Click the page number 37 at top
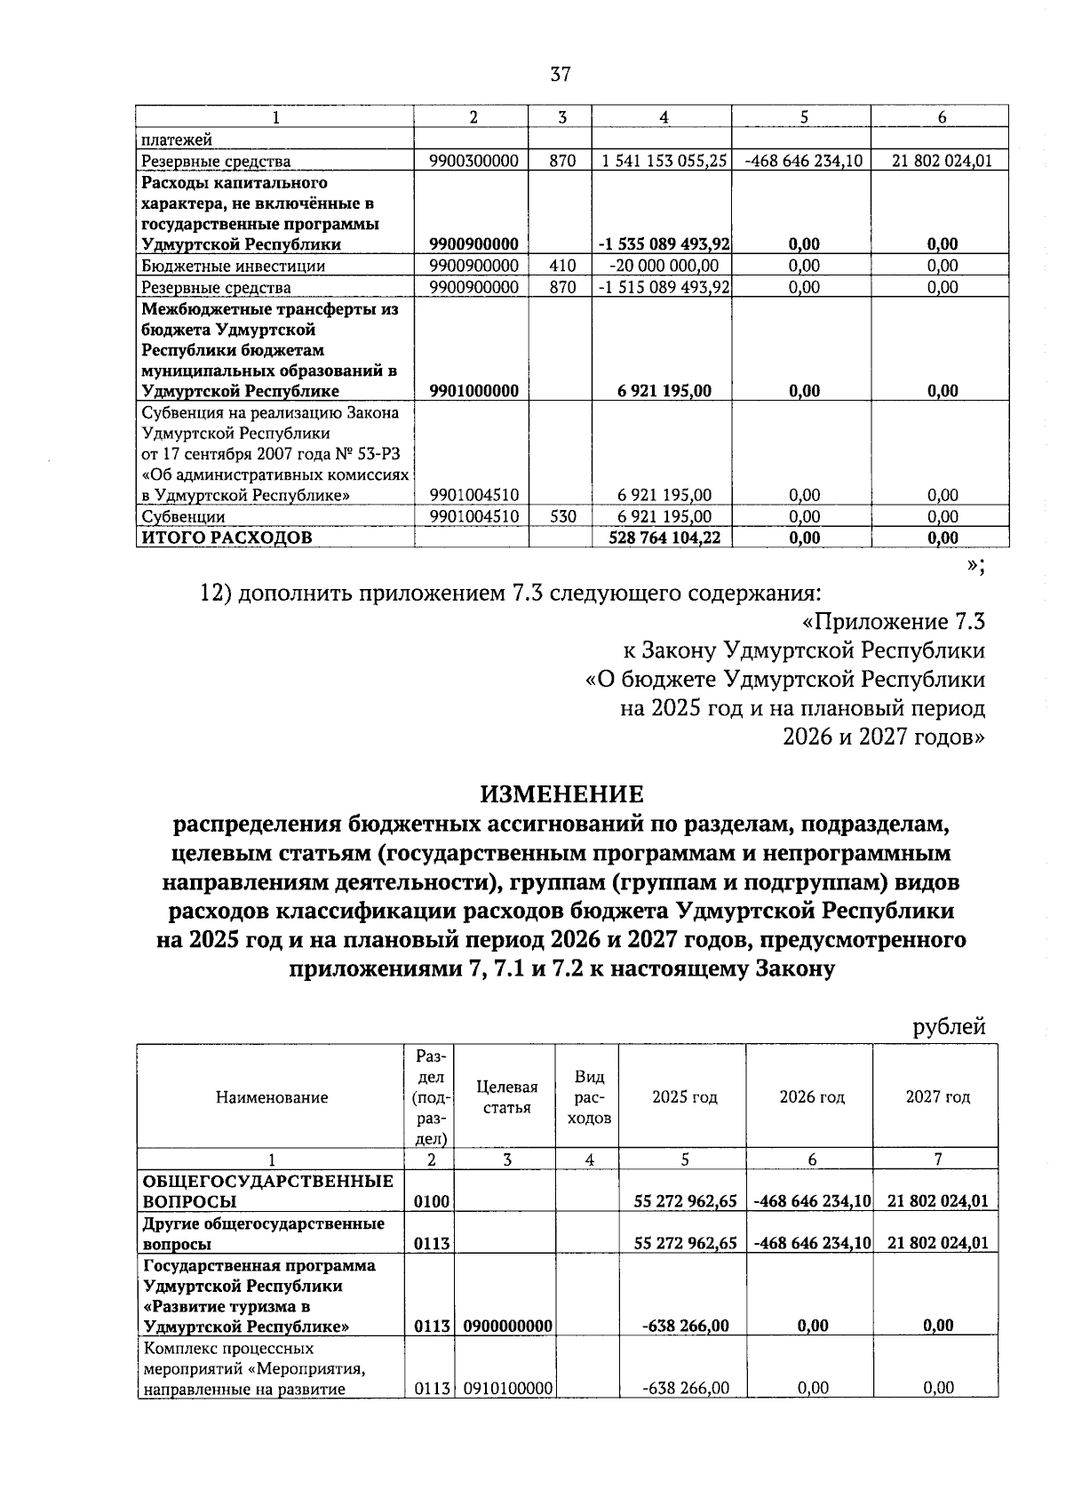560,75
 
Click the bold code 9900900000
473,244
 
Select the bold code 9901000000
473,391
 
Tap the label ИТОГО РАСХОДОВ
227,538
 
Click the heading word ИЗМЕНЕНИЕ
561,793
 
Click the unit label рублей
950,1027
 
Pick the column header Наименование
272,1097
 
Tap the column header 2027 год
938,1097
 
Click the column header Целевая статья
506,1097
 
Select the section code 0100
433,1201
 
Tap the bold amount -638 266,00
685,1326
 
